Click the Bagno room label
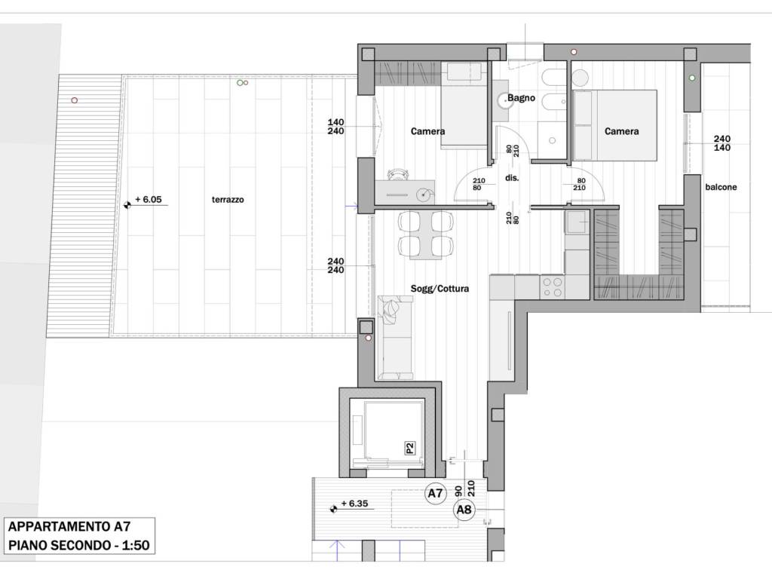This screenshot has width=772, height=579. [521, 97]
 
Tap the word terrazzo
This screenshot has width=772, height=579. [228, 199]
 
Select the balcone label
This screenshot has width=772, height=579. [721, 187]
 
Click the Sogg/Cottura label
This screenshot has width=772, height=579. [440, 289]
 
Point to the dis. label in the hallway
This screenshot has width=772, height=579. [512, 178]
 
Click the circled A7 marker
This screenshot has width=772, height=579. [435, 493]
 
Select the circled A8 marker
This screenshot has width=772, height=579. [464, 510]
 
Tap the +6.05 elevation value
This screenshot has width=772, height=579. [149, 199]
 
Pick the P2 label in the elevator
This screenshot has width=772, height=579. [409, 448]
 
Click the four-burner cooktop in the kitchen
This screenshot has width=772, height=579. [552, 287]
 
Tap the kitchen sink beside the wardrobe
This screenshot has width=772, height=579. [577, 222]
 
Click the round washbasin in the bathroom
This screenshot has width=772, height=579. [505, 102]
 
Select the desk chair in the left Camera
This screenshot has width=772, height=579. [399, 174]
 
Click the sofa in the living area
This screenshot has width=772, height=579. [395, 338]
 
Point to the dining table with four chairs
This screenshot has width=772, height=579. [425, 235]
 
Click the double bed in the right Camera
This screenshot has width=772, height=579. [615, 125]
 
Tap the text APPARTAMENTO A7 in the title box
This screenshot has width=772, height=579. [69, 526]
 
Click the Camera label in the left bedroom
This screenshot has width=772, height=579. [428, 131]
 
